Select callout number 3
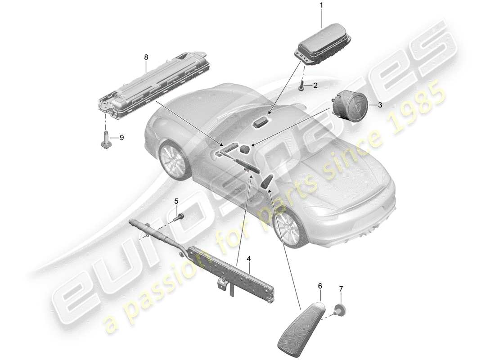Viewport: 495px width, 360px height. point(380,105)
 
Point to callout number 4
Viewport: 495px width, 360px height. point(248,259)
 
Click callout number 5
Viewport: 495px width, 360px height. point(176,201)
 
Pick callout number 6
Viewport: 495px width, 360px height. point(320,285)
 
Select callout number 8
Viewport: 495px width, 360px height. point(146,57)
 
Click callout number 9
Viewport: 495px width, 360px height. point(121,137)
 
